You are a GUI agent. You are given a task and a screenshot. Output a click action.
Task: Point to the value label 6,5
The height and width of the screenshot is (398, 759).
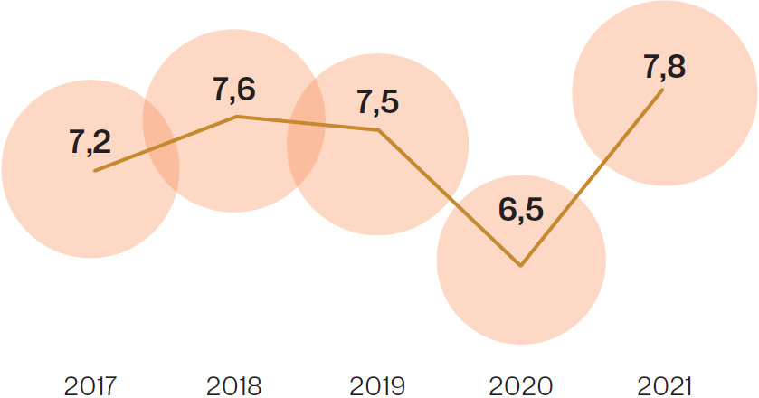[x=521, y=209]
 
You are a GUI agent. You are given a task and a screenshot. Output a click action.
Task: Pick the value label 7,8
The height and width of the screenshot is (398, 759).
[x=664, y=66]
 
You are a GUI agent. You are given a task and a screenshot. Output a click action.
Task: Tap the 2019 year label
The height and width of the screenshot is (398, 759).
[x=378, y=386]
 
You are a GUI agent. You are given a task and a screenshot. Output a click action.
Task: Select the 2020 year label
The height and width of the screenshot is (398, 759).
[x=521, y=386]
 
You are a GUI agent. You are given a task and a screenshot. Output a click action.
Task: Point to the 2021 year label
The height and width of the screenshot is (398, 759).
[x=663, y=386]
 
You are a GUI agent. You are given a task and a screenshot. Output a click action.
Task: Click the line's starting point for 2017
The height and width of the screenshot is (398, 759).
[x=94, y=170]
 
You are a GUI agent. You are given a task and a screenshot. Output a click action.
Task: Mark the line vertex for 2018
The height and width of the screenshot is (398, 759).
[x=236, y=117]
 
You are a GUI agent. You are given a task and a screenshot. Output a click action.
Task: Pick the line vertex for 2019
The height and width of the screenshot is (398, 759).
[x=378, y=130]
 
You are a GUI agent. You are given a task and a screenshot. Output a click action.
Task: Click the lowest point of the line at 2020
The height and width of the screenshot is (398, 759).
[x=521, y=266]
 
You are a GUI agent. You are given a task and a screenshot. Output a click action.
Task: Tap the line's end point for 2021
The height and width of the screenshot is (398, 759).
[x=663, y=89]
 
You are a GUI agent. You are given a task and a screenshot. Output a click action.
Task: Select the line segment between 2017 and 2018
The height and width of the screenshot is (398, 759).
[x=165, y=144]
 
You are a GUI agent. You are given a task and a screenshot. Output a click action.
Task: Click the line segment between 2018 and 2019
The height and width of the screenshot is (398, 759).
[x=308, y=124]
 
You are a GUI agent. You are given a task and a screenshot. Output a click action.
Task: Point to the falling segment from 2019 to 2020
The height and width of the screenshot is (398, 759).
[x=450, y=198]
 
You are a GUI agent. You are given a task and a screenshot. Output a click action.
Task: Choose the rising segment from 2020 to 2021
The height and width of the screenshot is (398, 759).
[x=593, y=177]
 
